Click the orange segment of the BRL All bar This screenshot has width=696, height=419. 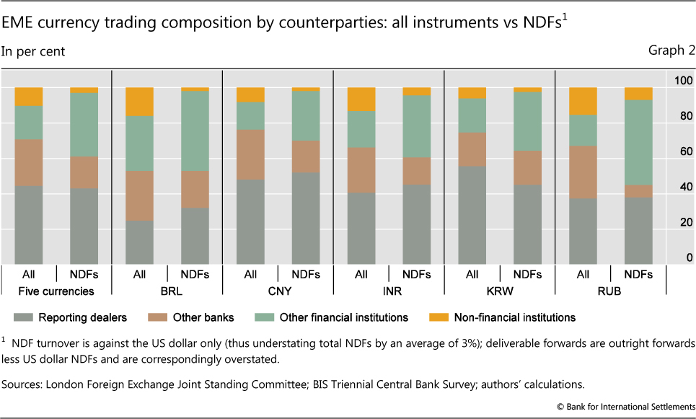(x=139, y=102)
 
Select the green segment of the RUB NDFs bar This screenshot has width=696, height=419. (x=638, y=142)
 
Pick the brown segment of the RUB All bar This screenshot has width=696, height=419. (x=583, y=172)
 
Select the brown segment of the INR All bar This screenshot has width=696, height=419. (x=361, y=170)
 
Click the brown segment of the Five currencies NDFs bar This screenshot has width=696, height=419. (x=84, y=173)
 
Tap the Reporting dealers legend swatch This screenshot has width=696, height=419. (x=25, y=317)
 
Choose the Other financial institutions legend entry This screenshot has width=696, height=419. (x=353, y=317)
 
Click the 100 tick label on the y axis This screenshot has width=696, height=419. (x=682, y=81)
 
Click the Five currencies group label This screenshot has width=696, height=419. (x=56, y=291)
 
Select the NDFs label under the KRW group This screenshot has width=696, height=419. (x=527, y=275)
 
